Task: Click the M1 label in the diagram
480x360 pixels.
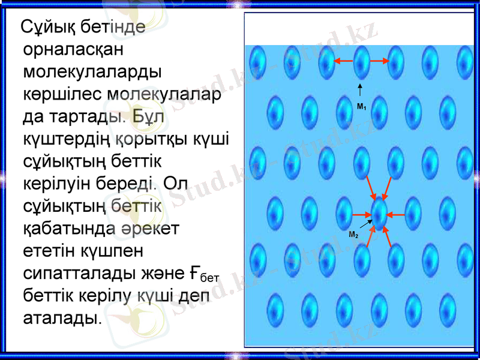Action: click(361, 107)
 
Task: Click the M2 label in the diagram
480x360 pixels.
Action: click(354, 235)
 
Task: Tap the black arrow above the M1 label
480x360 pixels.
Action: click(361, 91)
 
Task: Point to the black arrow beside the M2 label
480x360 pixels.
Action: click(367, 226)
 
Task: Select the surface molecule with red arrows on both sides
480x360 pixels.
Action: click(361, 61)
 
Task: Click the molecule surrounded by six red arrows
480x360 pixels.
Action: click(380, 214)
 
